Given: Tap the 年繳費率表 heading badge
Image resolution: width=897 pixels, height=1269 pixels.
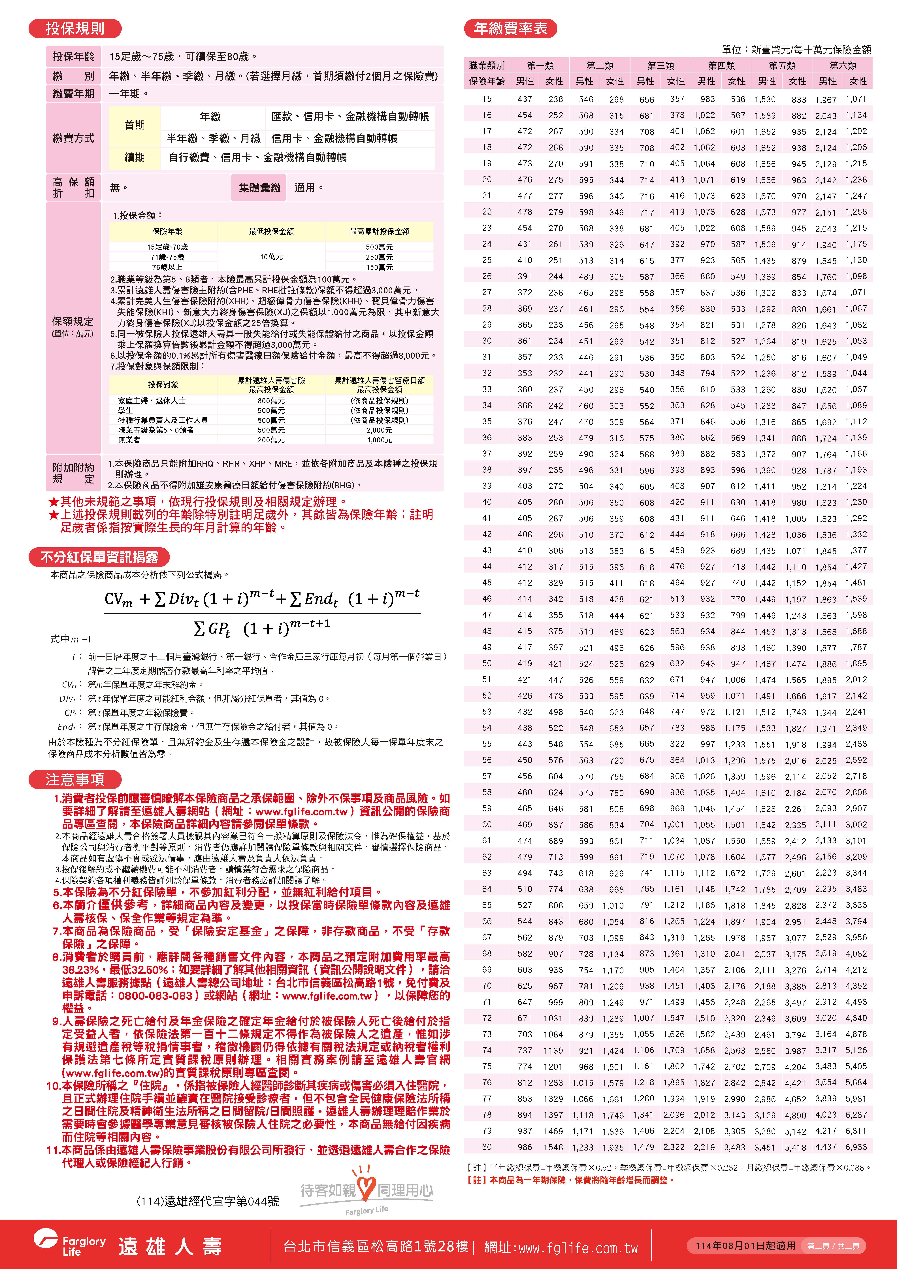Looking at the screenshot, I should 510,28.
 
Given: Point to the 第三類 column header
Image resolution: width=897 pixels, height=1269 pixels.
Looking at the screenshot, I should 661,65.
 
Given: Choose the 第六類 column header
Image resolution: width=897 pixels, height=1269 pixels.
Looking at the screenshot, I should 843,65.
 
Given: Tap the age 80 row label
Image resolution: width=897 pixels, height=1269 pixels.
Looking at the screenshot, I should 486,1147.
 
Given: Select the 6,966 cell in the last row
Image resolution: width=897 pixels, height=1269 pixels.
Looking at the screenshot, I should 856,1147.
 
